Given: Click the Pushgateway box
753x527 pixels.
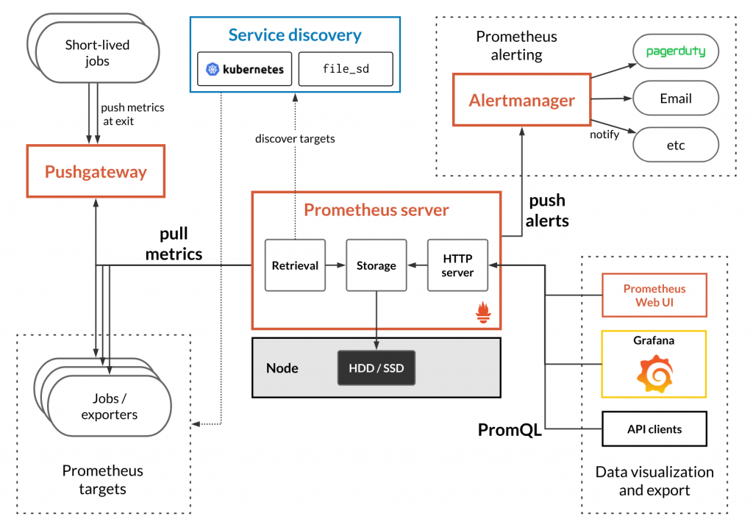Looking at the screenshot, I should pyautogui.click(x=96, y=172).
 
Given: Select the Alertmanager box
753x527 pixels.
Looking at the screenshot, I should pyautogui.click(x=521, y=100).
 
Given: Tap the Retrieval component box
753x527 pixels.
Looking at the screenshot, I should pyautogui.click(x=295, y=265).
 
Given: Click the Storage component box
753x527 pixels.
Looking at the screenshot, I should pyautogui.click(x=376, y=265).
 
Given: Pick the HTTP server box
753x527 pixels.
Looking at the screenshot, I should pyautogui.click(x=458, y=265).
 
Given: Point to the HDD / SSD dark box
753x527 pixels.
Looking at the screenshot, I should pyautogui.click(x=376, y=368).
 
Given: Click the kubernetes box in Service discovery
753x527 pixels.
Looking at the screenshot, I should pyautogui.click(x=245, y=70).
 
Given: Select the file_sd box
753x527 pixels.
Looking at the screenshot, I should pyautogui.click(x=345, y=70).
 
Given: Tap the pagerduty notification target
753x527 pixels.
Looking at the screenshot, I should pyautogui.click(x=675, y=52).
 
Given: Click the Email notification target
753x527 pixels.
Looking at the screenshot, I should pyautogui.click(x=675, y=98).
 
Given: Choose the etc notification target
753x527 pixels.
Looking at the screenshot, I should pyautogui.click(x=675, y=145).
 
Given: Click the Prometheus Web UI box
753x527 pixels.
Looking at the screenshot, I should pyautogui.click(x=654, y=295).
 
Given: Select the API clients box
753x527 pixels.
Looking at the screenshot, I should pyautogui.click(x=654, y=429).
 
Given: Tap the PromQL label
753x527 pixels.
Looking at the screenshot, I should pyautogui.click(x=510, y=430).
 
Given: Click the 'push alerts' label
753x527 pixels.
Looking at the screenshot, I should pyautogui.click(x=547, y=210).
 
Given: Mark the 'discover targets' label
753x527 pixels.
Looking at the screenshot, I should pyautogui.click(x=295, y=138).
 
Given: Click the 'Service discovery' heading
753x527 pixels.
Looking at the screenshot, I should pyautogui.click(x=295, y=35).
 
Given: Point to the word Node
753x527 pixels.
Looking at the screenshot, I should pyautogui.click(x=282, y=368).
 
